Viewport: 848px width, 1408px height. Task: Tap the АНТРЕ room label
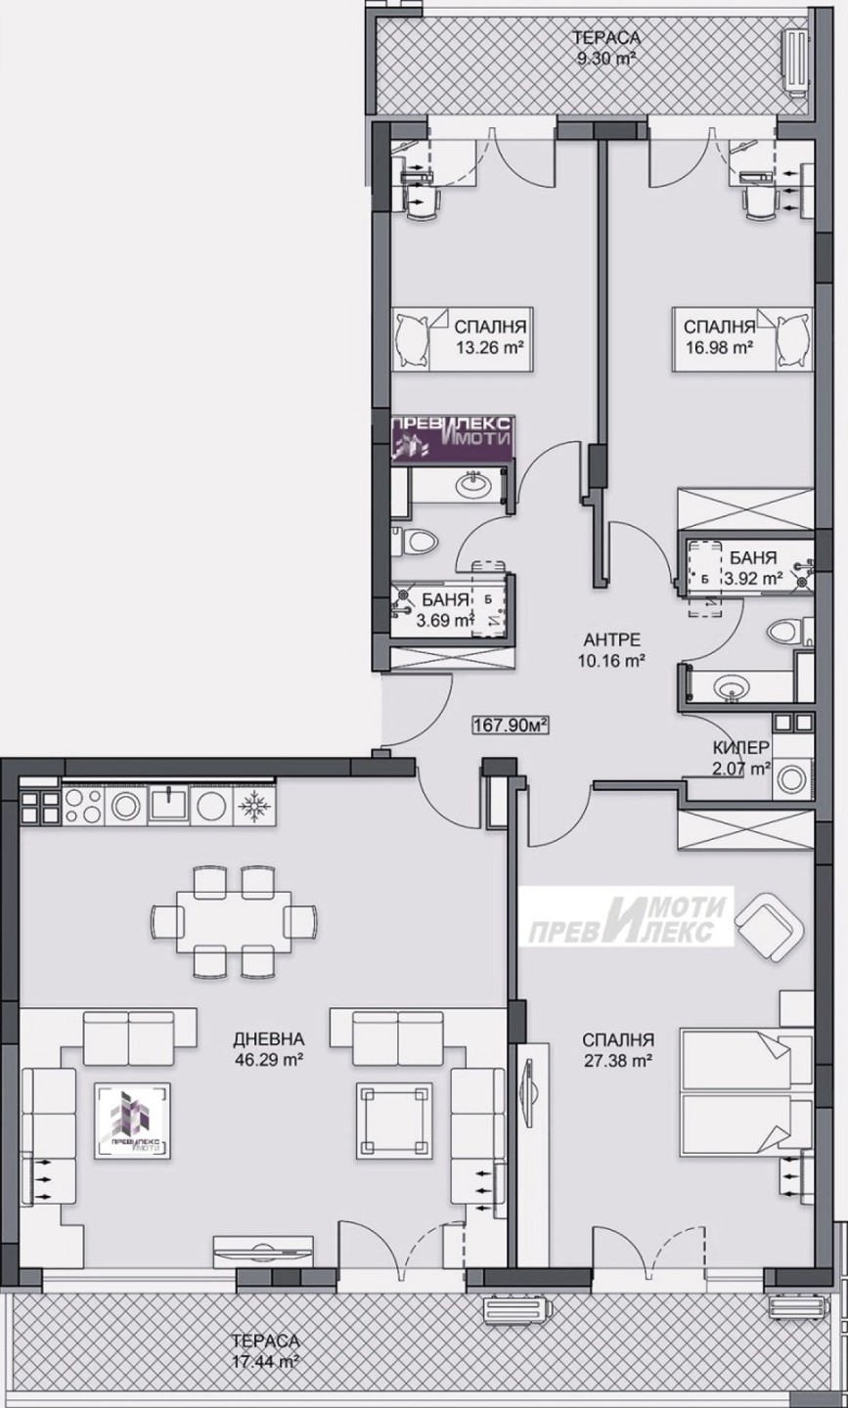tap(612, 639)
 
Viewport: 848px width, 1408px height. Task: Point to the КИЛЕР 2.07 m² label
tap(741, 757)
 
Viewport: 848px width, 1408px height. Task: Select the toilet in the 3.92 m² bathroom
tap(786, 631)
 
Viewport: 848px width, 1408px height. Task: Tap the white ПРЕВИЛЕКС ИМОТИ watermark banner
tap(627, 920)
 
